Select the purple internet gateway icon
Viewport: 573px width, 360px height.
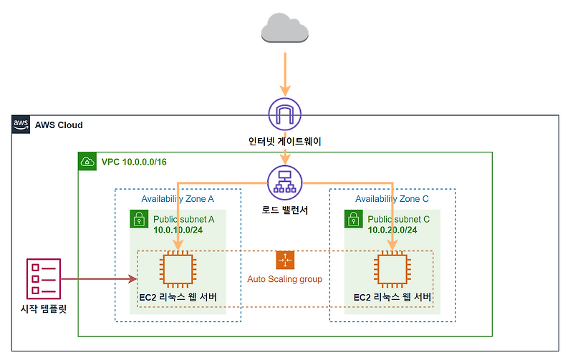pyautogui.click(x=285, y=114)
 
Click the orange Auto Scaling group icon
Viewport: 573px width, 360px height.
pyautogui.click(x=285, y=261)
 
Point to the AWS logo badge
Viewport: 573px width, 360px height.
pyautogui.click(x=21, y=125)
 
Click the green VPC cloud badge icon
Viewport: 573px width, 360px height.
pyautogui.click(x=87, y=162)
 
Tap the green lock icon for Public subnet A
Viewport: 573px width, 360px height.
pyautogui.click(x=139, y=219)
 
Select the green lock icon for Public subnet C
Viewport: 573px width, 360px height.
pyautogui.click(x=354, y=219)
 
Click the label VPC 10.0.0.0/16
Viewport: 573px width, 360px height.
pyautogui.click(x=135, y=162)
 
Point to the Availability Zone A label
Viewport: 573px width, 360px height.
pyautogui.click(x=177, y=198)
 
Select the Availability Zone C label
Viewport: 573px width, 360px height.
pyautogui.click(x=393, y=198)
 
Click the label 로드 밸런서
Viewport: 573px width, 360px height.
pyautogui.click(x=285, y=210)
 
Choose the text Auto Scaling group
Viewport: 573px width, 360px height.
pyautogui.click(x=285, y=279)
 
